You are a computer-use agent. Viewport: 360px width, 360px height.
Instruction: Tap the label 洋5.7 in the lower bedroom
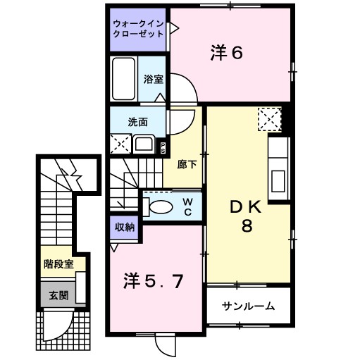pos(155,281)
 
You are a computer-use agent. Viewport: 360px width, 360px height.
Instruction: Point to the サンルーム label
pos(248,306)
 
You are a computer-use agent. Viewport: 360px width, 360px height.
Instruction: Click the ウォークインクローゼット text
pos(139,29)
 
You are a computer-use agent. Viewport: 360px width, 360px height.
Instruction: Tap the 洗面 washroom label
pos(137,121)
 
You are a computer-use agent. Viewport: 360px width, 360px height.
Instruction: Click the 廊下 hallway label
pos(187,164)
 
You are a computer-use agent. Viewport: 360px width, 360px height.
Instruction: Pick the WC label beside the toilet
pos(188,206)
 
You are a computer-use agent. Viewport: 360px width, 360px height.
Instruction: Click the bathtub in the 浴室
pos(125,79)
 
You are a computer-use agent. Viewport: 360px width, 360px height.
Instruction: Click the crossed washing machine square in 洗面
pos(119,144)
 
